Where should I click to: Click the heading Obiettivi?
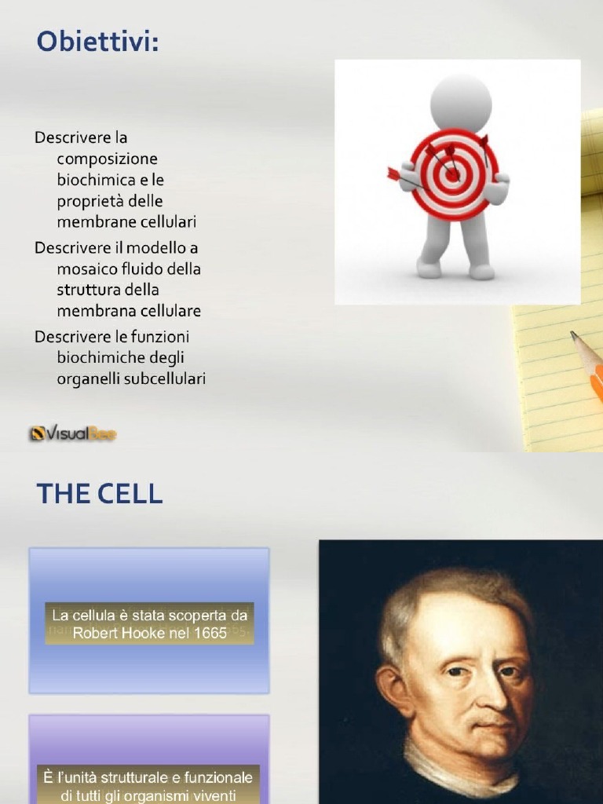click(97, 42)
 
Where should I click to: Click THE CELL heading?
click(99, 494)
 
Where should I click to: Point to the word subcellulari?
click(166, 378)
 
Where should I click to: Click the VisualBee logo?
click(73, 433)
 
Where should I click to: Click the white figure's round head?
click(461, 103)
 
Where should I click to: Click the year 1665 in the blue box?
click(208, 633)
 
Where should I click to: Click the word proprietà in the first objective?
click(90, 201)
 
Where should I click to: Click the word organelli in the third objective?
click(85, 378)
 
